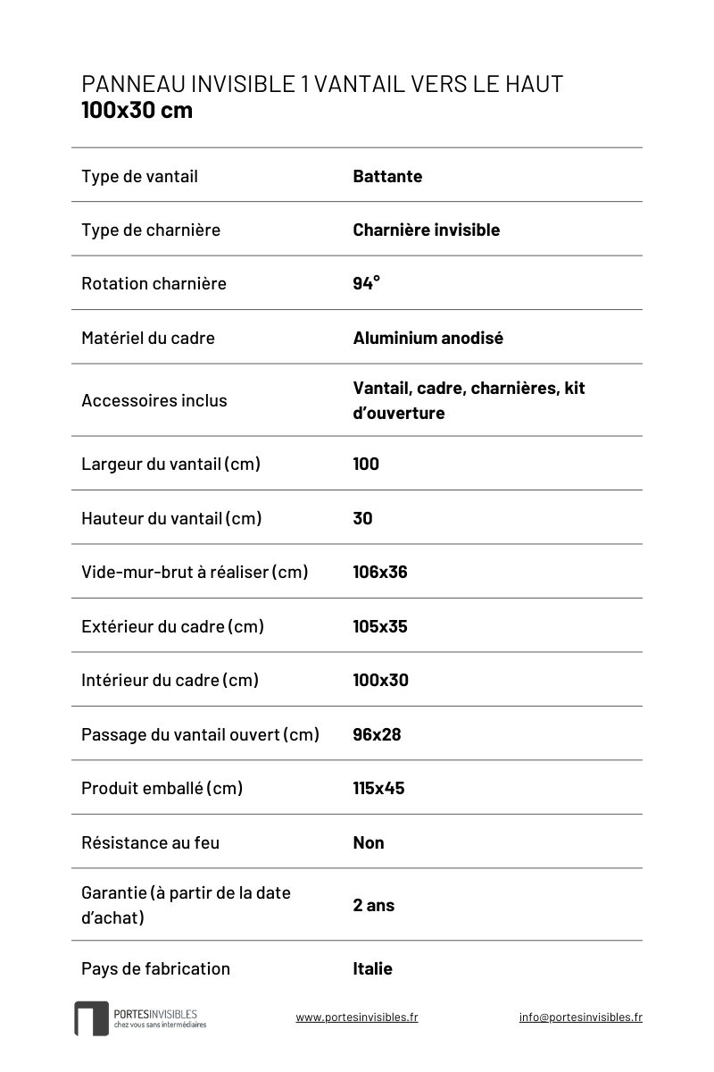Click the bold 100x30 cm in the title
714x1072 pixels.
click(137, 111)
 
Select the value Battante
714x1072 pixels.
click(387, 176)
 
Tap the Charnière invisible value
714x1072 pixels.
click(426, 230)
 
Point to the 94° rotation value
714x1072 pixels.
click(366, 283)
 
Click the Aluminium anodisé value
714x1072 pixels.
click(428, 338)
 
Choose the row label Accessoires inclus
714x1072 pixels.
click(154, 400)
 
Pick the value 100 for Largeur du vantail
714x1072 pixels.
click(366, 464)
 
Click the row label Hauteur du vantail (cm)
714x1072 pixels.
click(171, 518)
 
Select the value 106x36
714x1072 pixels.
click(380, 572)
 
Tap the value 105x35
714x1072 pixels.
click(380, 626)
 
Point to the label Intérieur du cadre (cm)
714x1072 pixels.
click(170, 680)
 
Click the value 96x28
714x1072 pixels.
click(377, 734)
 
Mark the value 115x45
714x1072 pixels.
click(378, 788)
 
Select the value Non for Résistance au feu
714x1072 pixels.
click(369, 842)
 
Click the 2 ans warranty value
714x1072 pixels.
click(373, 905)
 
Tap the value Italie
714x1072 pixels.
click(372, 968)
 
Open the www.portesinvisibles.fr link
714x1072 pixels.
click(357, 1017)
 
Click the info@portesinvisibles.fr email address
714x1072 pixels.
click(580, 1017)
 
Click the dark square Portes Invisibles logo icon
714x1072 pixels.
click(91, 1018)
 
